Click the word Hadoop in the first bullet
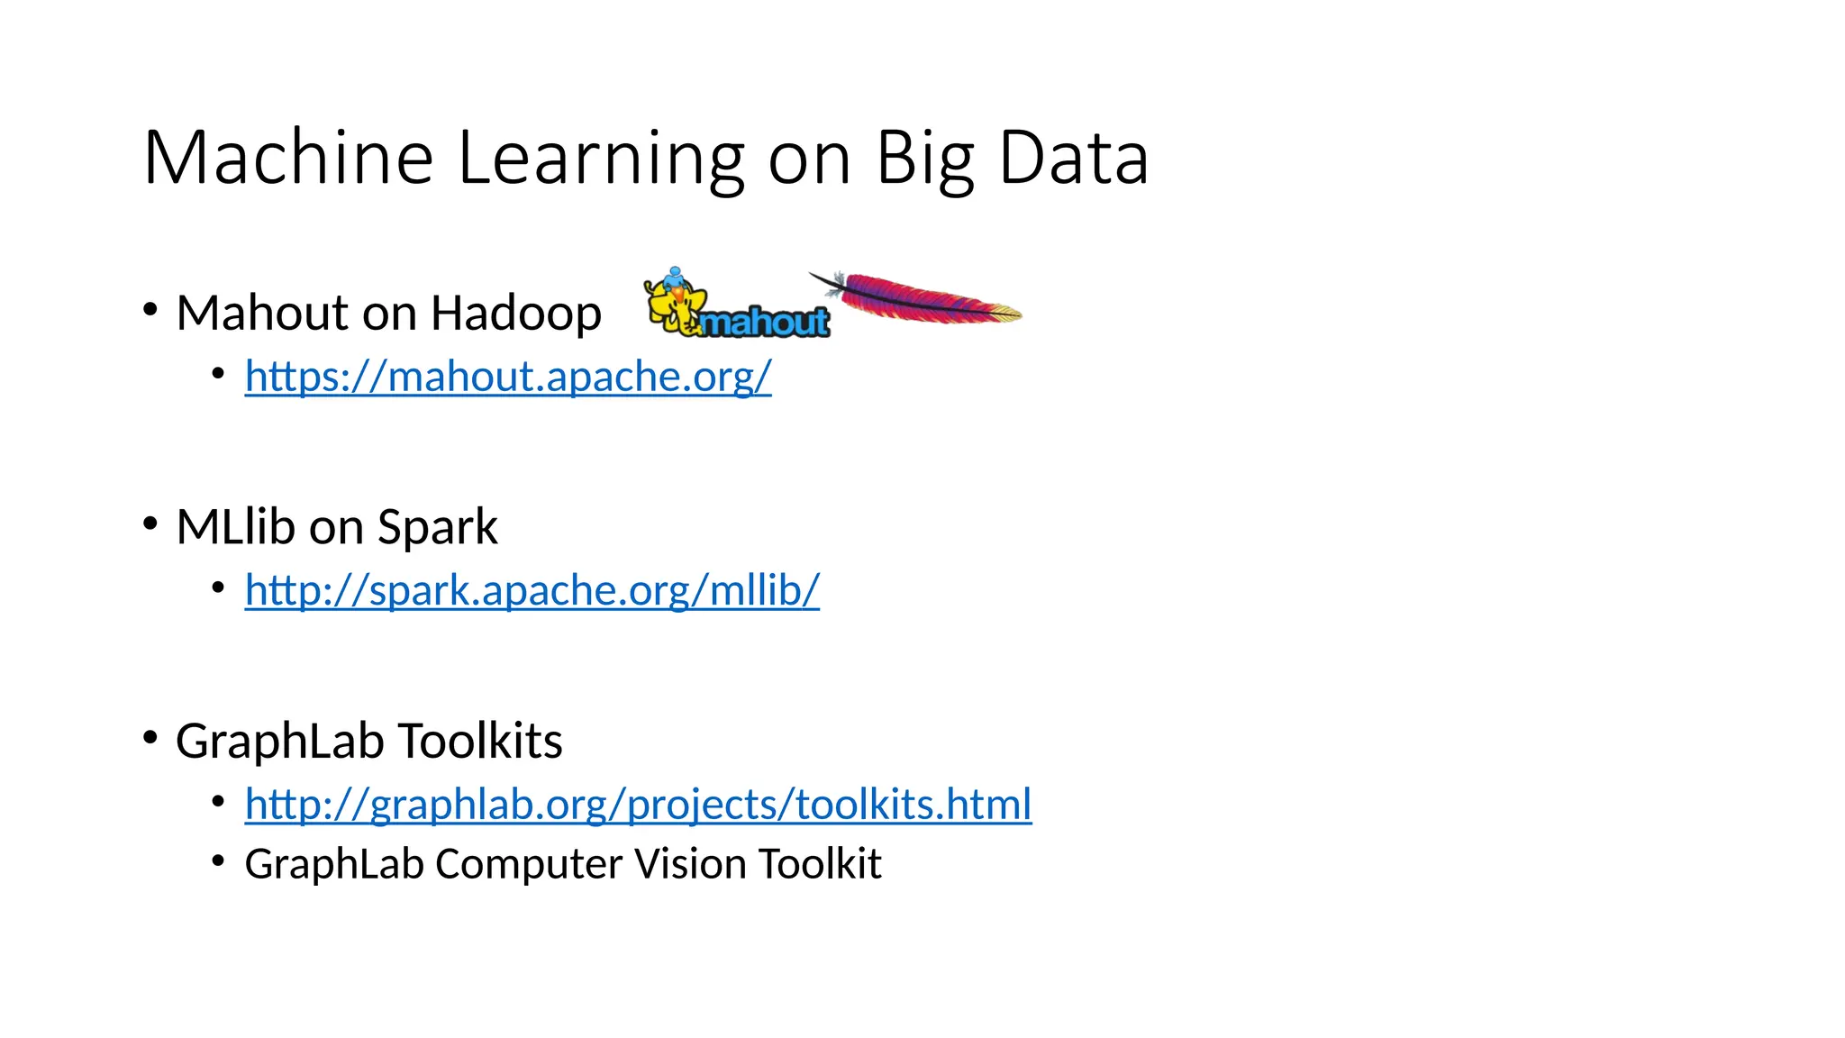coord(515,313)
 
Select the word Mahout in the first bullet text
coord(262,313)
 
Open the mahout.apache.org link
coord(508,376)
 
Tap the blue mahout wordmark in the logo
coord(765,322)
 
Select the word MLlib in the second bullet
coord(236,526)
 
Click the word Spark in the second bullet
coord(437,526)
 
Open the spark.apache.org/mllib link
coord(532,590)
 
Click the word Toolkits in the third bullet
coord(479,741)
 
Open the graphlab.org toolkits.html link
coord(638,804)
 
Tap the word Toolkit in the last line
coord(819,863)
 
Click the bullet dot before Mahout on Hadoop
coord(150,309)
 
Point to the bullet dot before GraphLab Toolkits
coord(150,737)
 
